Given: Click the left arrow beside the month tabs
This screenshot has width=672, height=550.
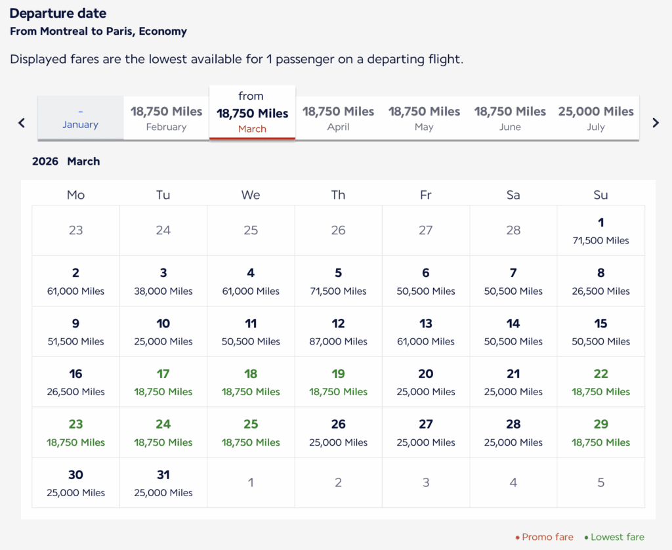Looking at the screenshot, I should click(x=22, y=123).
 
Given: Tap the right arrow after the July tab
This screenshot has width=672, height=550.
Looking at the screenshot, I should click(x=655, y=123).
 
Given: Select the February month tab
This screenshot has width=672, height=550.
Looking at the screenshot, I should click(x=166, y=118).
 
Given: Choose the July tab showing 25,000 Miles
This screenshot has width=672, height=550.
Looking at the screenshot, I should click(x=596, y=118).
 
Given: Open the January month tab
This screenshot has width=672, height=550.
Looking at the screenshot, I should click(x=80, y=119).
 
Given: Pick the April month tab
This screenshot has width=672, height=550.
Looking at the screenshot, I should click(x=338, y=118).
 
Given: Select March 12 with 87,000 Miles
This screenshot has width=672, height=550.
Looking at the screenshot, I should click(x=338, y=331).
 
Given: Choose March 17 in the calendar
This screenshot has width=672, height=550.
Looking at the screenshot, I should click(x=163, y=382).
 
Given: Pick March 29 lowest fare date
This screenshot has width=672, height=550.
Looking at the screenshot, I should click(x=600, y=433).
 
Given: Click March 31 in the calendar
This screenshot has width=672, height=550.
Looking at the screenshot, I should click(x=163, y=482).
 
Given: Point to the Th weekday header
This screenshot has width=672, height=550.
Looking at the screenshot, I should click(x=338, y=195).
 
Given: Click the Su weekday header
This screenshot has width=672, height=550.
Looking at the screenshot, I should click(x=600, y=195).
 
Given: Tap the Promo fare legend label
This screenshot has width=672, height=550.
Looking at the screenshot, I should click(x=547, y=537).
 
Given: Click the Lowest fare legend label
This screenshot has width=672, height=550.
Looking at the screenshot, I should click(x=617, y=537).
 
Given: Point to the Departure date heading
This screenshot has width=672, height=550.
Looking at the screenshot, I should click(x=58, y=14).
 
